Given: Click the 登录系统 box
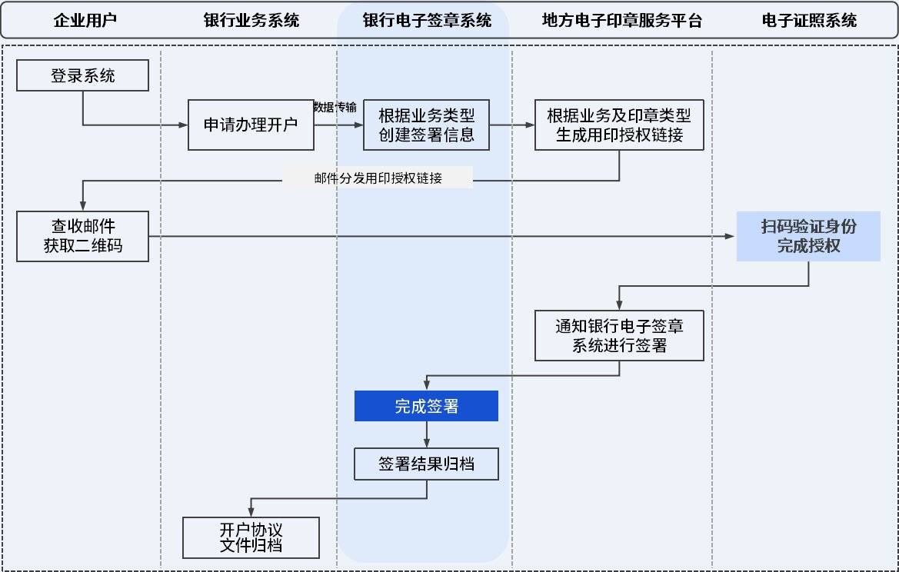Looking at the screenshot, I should pyautogui.click(x=82, y=76).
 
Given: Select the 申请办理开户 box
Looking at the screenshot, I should pyautogui.click(x=251, y=125).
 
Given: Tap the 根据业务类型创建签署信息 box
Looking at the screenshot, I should pyautogui.click(x=426, y=125).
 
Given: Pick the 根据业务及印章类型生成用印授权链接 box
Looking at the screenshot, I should pyautogui.click(x=619, y=125).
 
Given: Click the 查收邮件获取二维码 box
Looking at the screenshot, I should pyautogui.click(x=82, y=236).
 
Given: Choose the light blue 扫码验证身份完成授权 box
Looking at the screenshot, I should pyautogui.click(x=808, y=236).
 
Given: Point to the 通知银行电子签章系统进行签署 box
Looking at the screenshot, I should pyautogui.click(x=619, y=336).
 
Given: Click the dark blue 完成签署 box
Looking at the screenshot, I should pyautogui.click(x=426, y=406).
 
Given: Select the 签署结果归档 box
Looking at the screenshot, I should pyautogui.click(x=426, y=464).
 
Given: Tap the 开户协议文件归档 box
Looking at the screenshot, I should pyautogui.click(x=251, y=537).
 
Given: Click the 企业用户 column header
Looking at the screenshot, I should pyautogui.click(x=85, y=21).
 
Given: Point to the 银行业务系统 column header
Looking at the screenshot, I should pyautogui.click(x=251, y=21).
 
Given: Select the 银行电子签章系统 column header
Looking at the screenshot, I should pyautogui.click(x=426, y=21).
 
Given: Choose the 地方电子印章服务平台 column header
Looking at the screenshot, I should pyautogui.click(x=621, y=21).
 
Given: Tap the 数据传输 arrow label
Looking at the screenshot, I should pyautogui.click(x=335, y=107).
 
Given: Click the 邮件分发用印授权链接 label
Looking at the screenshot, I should pyautogui.click(x=378, y=178).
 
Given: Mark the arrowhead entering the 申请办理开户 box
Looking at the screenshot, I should pyautogui.click(x=184, y=125).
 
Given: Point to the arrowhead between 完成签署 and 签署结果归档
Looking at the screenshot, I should pyautogui.click(x=426, y=444).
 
